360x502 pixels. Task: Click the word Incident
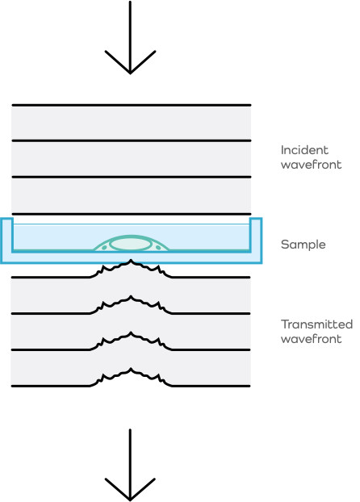click(x=304, y=150)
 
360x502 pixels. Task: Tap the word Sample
click(x=303, y=245)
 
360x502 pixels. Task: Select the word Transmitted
click(x=316, y=324)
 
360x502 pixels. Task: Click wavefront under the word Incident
click(x=311, y=165)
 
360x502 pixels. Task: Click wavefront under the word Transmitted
click(x=311, y=339)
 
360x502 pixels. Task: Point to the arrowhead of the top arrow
click(x=130, y=73)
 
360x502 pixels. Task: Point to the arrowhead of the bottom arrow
click(x=130, y=500)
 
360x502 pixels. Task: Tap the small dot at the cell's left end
click(x=104, y=248)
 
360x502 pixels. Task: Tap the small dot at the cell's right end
click(x=158, y=248)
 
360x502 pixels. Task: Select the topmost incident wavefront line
click(x=132, y=105)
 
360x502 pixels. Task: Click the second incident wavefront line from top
click(x=132, y=140)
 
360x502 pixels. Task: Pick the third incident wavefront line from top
click(x=132, y=177)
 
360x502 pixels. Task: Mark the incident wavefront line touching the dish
click(x=132, y=214)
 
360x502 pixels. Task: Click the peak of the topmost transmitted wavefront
click(x=130, y=260)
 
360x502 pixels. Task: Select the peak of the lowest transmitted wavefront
click(x=130, y=369)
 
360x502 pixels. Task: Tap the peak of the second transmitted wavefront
click(x=130, y=296)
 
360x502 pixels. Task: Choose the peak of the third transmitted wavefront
click(x=130, y=333)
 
